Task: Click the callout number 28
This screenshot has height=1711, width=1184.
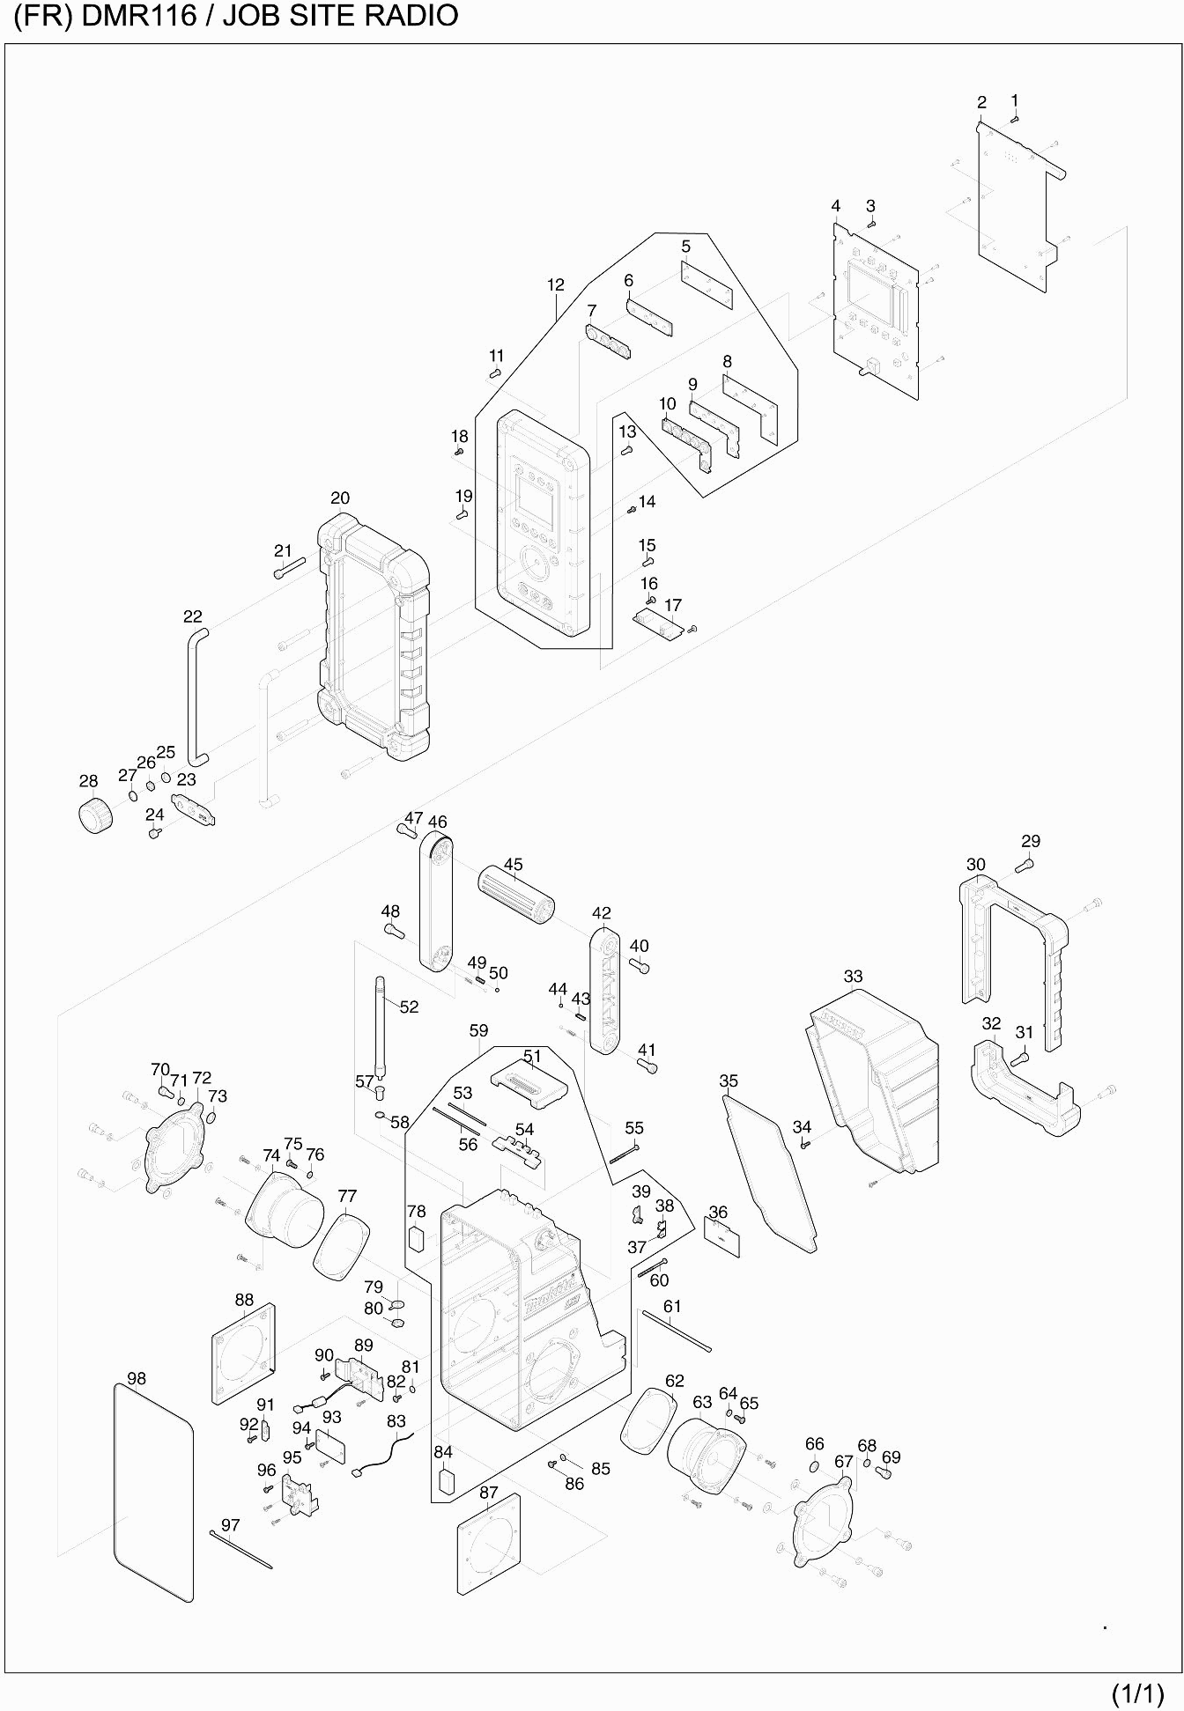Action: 88,781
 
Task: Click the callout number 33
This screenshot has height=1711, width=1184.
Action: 853,977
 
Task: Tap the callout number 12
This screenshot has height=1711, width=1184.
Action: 555,285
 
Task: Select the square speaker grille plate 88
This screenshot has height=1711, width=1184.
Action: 243,1355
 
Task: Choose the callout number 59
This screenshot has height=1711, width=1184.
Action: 478,1030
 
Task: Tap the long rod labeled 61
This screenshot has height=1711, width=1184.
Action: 677,1331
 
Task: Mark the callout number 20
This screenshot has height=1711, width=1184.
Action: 340,498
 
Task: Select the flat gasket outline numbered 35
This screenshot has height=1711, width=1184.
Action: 769,1171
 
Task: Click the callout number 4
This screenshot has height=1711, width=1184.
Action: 835,206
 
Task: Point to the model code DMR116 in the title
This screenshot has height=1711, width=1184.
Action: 138,16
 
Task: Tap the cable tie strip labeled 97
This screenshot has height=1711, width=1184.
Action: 241,1550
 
